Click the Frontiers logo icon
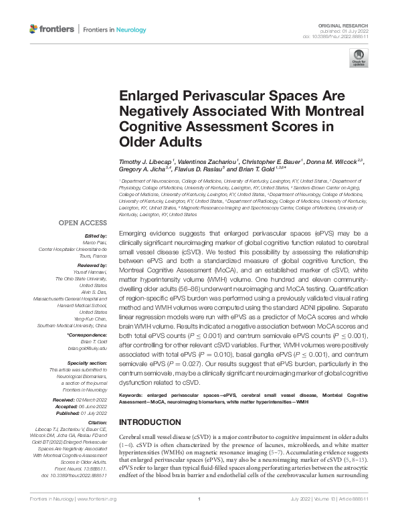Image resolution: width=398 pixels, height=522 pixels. click(x=33, y=29)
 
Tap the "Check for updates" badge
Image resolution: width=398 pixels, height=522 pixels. click(x=357, y=61)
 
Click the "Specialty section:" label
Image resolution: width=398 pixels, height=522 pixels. click(x=88, y=361)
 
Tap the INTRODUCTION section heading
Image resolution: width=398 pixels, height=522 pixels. click(x=150, y=422)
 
